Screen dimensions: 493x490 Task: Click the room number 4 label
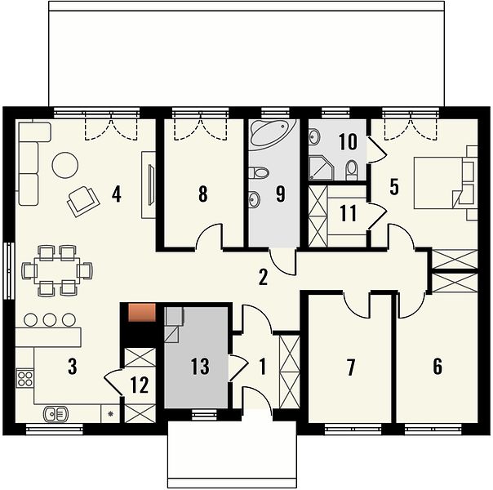pyautogui.click(x=117, y=194)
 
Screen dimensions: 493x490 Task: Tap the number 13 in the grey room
pyautogui.click(x=200, y=366)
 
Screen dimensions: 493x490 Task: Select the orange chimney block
pyautogui.click(x=142, y=312)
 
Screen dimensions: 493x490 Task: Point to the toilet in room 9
pyautogui.click(x=259, y=172)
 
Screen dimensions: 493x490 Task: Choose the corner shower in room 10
pyautogui.click(x=321, y=168)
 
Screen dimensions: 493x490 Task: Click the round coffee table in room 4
pyautogui.click(x=64, y=165)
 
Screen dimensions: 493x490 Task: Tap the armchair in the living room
pyautogui.click(x=83, y=201)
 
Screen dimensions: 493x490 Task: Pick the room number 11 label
pyautogui.click(x=348, y=213)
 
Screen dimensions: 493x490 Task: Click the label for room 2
pyautogui.click(x=263, y=278)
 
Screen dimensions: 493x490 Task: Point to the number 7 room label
pyautogui.click(x=351, y=367)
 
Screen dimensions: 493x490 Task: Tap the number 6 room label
pyautogui.click(x=437, y=367)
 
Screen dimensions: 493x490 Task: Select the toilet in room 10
pyautogui.click(x=352, y=170)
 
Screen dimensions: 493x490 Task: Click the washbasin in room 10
pyautogui.click(x=314, y=137)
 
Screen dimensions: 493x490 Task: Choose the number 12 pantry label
pyautogui.click(x=140, y=385)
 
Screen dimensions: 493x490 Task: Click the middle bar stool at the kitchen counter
pyautogui.click(x=50, y=320)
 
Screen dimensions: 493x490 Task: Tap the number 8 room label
pyautogui.click(x=203, y=194)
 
